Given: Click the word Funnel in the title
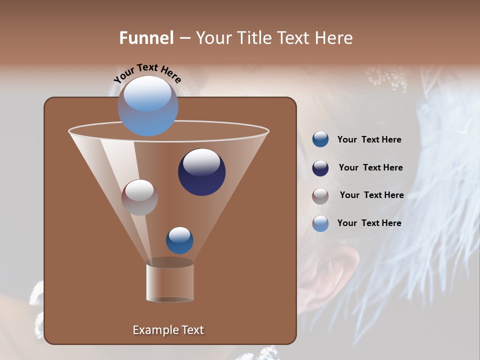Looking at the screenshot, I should [146, 38].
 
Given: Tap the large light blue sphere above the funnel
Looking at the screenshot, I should [147, 105].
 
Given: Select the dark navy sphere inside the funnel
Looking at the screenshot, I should [201, 172].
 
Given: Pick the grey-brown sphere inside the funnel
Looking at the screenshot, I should [139, 197].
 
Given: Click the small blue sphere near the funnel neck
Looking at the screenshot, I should [179, 240].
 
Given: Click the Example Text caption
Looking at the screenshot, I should [168, 330].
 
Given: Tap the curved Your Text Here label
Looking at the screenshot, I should [147, 73].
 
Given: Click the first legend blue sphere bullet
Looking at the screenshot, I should [320, 139].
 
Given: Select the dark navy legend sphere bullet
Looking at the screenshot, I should [320, 168].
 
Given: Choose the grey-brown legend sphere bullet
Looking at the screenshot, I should [320, 196].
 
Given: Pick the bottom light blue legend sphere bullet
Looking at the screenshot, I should [320, 223].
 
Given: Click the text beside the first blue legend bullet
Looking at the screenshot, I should [369, 140].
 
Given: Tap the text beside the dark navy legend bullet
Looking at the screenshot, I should [370, 168].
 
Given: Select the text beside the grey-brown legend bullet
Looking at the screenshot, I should [371, 195].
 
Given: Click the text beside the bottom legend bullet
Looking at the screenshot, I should [369, 223].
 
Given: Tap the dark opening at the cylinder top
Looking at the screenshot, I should [170, 262].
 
